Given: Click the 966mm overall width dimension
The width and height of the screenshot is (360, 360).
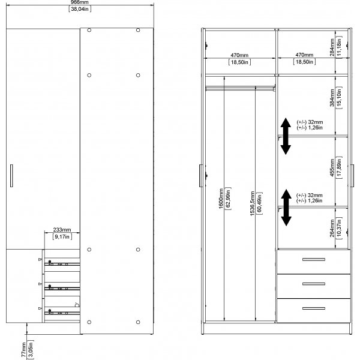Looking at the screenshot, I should pos(83,3).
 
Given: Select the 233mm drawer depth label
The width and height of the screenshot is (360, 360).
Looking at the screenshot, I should pos(62,229).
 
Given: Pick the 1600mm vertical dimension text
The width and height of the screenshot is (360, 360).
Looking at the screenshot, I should pos(221,199).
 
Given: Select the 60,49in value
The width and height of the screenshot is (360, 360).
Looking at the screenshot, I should pos(259,206).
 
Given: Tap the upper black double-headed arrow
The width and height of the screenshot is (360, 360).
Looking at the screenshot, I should pos(286,136).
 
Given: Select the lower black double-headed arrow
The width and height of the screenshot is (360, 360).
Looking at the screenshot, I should pos(286,207).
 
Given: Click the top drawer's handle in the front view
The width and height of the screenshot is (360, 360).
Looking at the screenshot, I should pos(313,260).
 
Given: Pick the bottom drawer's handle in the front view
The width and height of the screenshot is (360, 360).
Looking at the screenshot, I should pos(313,308).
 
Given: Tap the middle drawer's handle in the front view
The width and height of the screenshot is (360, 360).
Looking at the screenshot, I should pos(313,284).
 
